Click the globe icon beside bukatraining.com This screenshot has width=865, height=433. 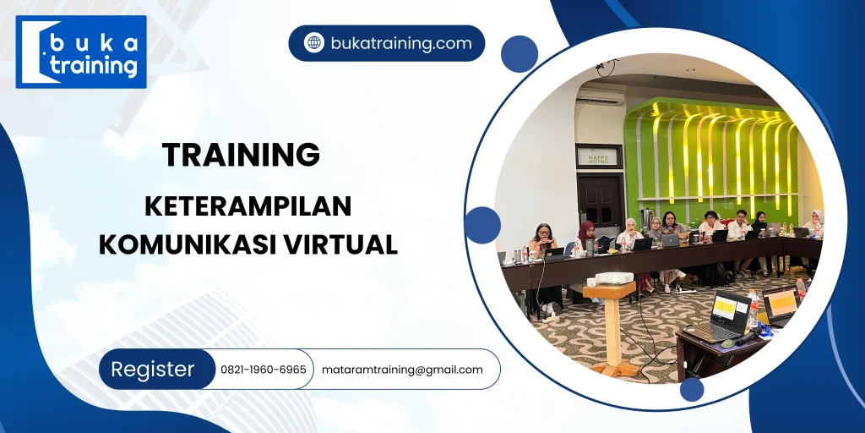point(314,43)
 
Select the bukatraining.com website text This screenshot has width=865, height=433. point(400,43)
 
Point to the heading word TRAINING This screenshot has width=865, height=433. point(241,155)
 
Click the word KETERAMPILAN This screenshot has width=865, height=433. point(248,206)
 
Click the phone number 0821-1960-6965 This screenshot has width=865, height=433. point(263,370)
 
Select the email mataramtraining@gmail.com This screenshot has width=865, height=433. point(402,370)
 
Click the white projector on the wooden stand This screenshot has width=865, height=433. point(614,278)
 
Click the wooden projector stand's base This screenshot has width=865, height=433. point(614,370)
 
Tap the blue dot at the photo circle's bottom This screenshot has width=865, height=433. point(692,389)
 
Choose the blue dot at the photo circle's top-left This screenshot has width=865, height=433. point(520,54)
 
